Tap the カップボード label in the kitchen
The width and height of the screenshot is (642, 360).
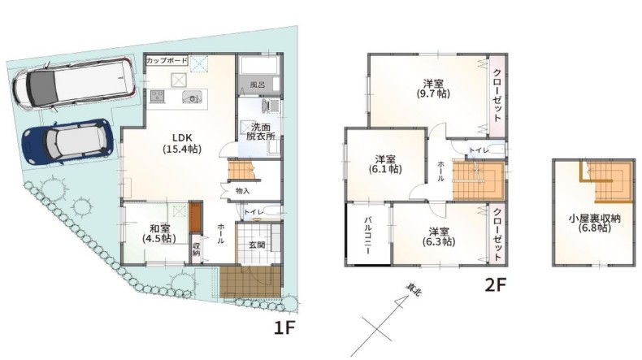point(167,61)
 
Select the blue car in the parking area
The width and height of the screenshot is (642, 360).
point(67,141)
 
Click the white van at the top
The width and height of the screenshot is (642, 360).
point(75,84)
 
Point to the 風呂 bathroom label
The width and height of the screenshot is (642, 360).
point(258,85)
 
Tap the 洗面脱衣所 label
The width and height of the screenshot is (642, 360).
point(260,132)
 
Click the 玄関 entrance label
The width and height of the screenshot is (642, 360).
point(257,245)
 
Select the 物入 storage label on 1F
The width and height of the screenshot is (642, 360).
point(242,191)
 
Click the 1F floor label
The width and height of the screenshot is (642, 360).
point(284,327)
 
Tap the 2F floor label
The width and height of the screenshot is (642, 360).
point(496,285)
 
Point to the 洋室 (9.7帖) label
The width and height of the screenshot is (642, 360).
point(433,89)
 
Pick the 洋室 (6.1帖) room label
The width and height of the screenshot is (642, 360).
point(385,163)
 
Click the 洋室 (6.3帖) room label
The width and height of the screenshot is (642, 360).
point(439,236)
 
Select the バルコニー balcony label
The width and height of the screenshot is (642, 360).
point(367,236)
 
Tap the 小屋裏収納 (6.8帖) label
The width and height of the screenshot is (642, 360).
point(595,223)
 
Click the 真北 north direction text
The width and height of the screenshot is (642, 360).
point(414,290)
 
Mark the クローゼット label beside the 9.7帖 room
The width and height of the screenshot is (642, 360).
point(497,95)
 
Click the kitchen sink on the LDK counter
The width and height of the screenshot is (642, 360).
point(192,97)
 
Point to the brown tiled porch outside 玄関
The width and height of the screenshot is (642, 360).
point(250,282)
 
